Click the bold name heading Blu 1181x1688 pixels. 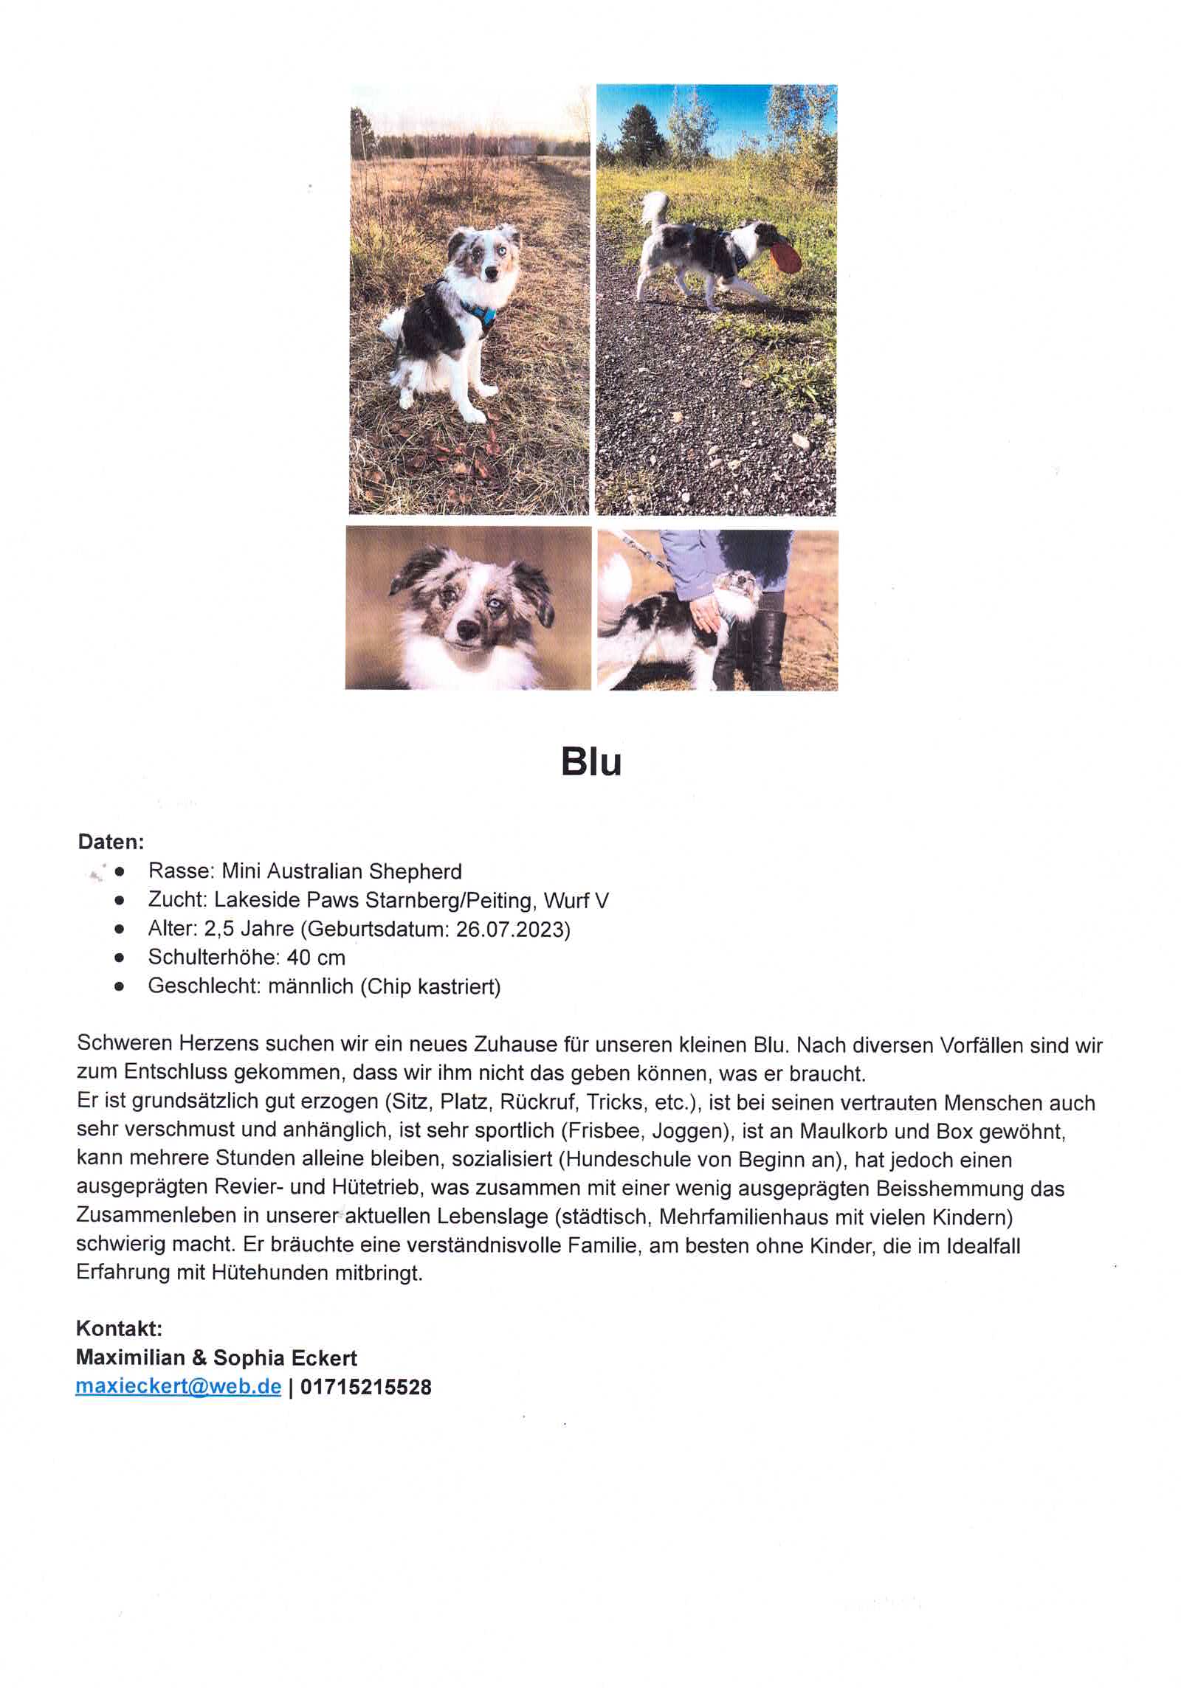[x=591, y=762]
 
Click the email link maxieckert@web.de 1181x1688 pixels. [x=178, y=1387]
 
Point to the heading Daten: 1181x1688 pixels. [x=111, y=841]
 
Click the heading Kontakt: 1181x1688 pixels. [x=119, y=1329]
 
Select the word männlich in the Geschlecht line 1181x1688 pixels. [x=310, y=986]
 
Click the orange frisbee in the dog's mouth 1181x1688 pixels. [x=784, y=255]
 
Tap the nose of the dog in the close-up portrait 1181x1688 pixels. [x=466, y=629]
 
